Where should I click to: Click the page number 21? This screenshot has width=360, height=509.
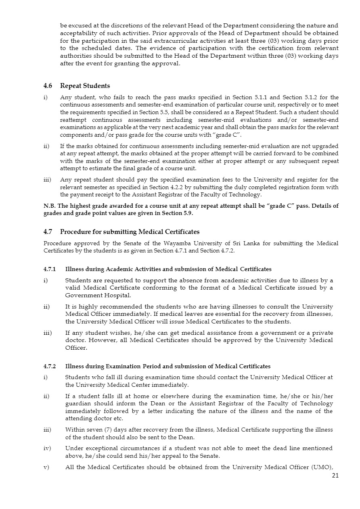[x=335, y=476]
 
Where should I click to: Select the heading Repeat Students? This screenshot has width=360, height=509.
[x=85, y=86]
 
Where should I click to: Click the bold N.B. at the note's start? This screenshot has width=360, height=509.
[x=50, y=206]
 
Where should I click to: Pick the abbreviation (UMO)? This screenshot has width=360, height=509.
[x=324, y=467]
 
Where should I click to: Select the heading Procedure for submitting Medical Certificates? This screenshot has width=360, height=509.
[x=130, y=232]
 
